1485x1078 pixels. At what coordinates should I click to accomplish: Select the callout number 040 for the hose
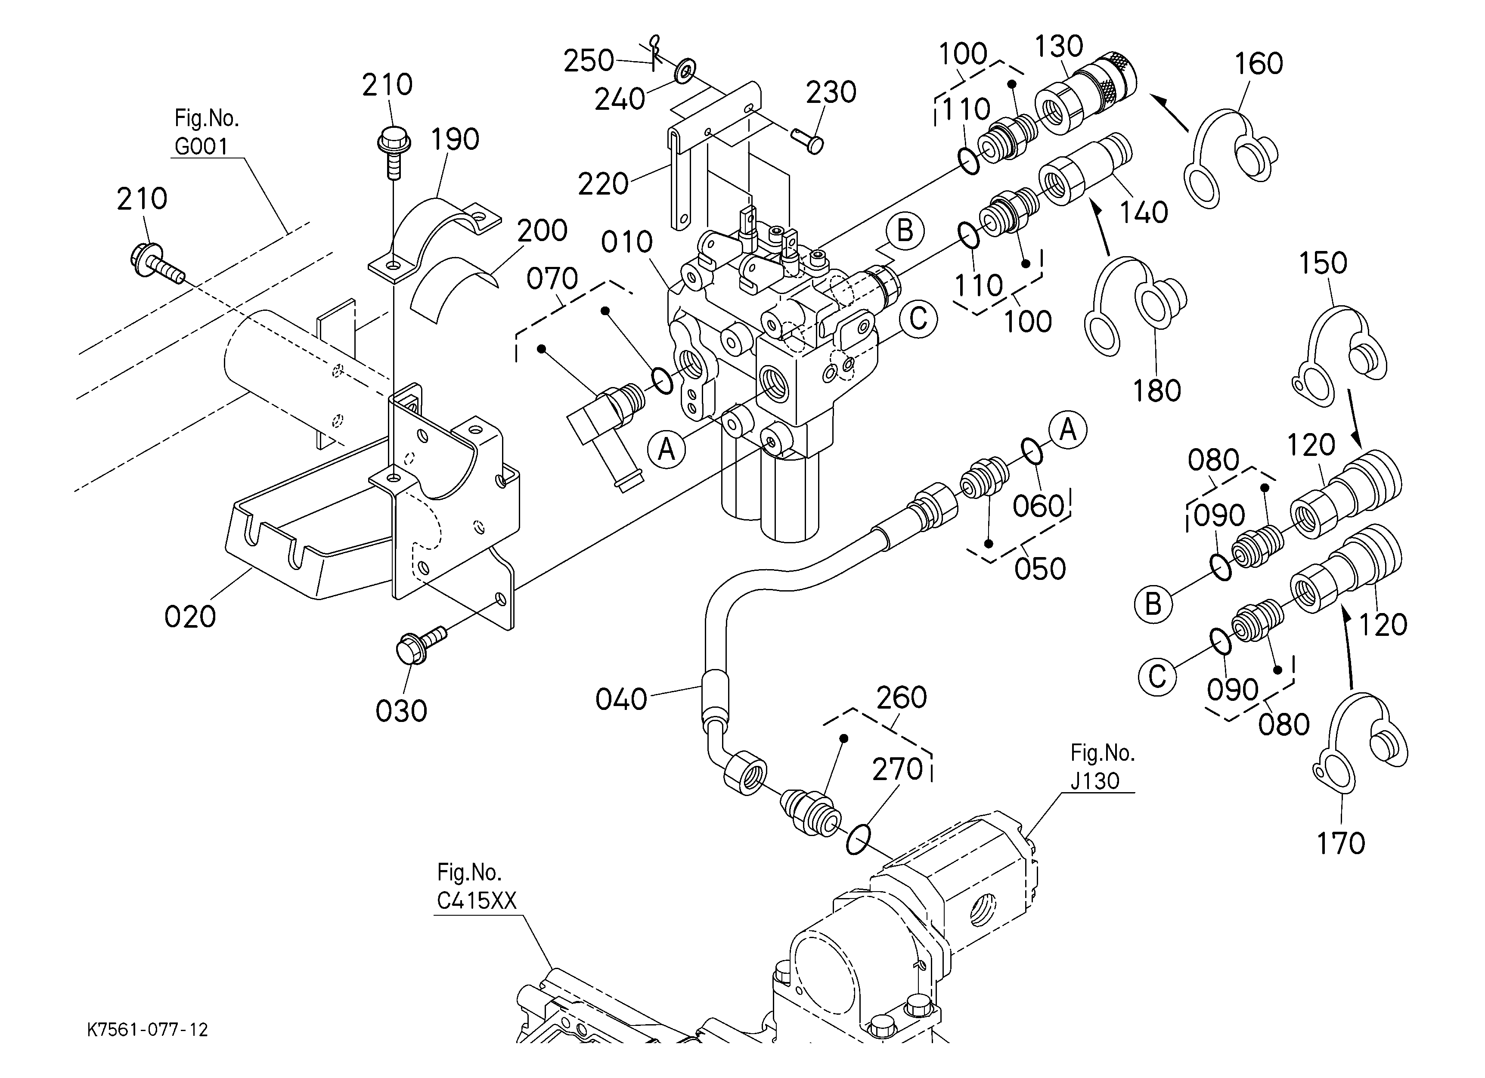point(621,700)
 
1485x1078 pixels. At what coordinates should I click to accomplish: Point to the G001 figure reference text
point(201,146)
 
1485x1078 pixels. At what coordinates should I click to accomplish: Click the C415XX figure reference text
point(477,901)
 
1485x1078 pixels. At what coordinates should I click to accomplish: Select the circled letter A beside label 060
point(1068,430)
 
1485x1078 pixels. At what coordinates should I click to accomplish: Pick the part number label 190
point(455,139)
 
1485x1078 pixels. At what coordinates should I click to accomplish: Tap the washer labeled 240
point(685,69)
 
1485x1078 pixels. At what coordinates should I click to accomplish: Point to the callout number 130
point(1059,46)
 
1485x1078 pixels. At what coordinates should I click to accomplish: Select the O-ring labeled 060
point(1032,451)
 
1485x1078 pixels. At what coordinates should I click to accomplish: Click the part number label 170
point(1341,844)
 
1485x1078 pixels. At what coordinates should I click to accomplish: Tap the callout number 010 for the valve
point(626,243)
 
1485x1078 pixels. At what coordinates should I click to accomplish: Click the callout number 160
point(1259,63)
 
